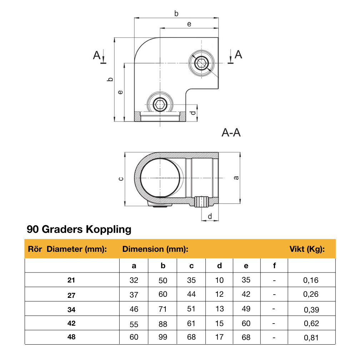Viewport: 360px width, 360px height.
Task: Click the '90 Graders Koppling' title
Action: click(x=79, y=229)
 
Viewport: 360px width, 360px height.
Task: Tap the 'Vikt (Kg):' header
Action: click(x=307, y=249)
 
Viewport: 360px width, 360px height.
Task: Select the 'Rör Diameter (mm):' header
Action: click(x=67, y=249)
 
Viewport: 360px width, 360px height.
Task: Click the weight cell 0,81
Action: click(x=311, y=337)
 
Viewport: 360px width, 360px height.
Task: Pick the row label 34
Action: click(x=71, y=309)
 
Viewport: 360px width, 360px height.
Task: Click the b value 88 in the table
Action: click(x=162, y=324)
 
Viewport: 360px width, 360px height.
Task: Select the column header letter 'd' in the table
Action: click(x=219, y=266)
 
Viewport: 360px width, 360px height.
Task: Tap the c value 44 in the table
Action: click(x=191, y=294)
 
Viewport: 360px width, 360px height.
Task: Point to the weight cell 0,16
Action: click(x=311, y=280)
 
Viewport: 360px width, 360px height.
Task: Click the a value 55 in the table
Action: click(x=134, y=324)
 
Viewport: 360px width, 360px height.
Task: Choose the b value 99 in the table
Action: click(x=162, y=337)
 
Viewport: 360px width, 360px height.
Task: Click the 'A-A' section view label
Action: click(x=231, y=133)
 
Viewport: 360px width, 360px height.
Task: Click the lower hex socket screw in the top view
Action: click(x=160, y=105)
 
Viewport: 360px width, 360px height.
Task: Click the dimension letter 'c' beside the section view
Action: click(x=121, y=179)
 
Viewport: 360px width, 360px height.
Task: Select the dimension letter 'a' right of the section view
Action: click(x=236, y=177)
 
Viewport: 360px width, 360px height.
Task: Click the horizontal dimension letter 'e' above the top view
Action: click(x=189, y=24)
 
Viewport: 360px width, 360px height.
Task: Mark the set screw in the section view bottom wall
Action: click(x=202, y=202)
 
